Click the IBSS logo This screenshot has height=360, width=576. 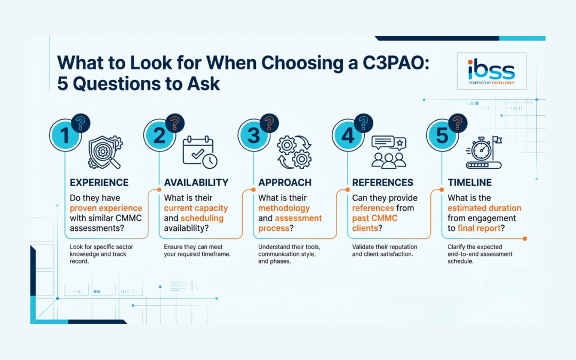[492, 71]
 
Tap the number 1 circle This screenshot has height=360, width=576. [66, 135]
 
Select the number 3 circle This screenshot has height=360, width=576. [254, 135]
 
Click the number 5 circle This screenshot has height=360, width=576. [442, 135]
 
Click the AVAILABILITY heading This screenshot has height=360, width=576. [196, 183]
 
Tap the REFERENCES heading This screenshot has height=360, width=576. [382, 183]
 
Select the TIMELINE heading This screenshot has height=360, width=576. [470, 183]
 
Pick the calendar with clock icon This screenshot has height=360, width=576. [198, 151]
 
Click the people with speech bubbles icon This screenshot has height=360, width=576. [388, 151]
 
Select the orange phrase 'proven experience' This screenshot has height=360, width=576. [106, 208]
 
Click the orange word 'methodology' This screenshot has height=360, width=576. [284, 208]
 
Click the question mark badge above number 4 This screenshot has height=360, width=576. [363, 123]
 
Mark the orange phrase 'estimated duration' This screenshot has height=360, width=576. [484, 208]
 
